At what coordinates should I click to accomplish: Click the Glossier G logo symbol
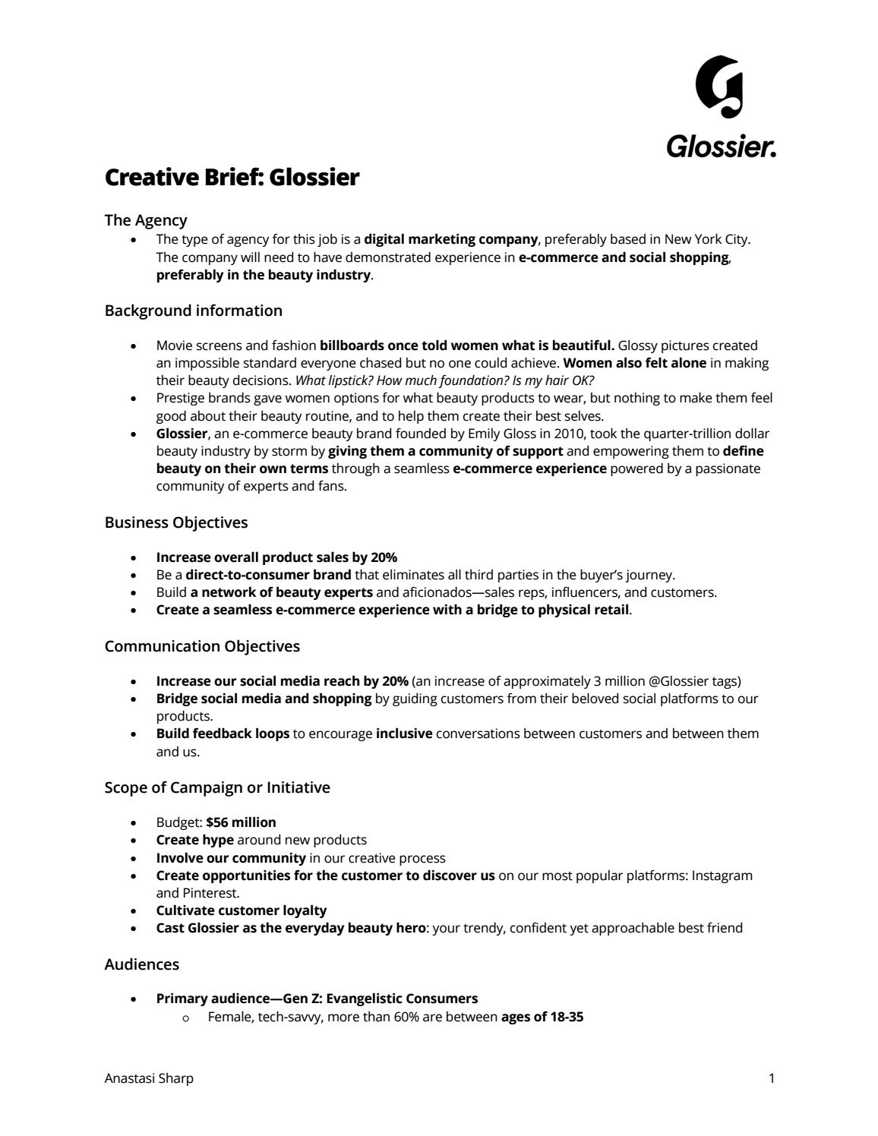tap(719, 87)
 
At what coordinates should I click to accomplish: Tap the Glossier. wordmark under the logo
tap(721, 146)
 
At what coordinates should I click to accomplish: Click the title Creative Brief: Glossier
tap(232, 178)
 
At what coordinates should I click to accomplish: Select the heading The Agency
tap(146, 220)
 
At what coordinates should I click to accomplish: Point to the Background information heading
tap(193, 311)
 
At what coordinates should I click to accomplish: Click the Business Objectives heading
tap(175, 522)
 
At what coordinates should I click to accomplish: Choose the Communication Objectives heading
tap(202, 646)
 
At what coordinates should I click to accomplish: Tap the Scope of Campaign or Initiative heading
tap(217, 787)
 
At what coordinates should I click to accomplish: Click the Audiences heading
tap(142, 964)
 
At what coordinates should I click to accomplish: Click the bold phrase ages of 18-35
tap(542, 1016)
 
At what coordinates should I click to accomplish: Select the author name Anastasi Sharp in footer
tap(149, 1078)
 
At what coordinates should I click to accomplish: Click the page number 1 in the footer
tap(772, 1078)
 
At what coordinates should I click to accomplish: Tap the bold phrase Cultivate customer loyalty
tap(242, 910)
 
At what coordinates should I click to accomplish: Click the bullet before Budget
tap(134, 823)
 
